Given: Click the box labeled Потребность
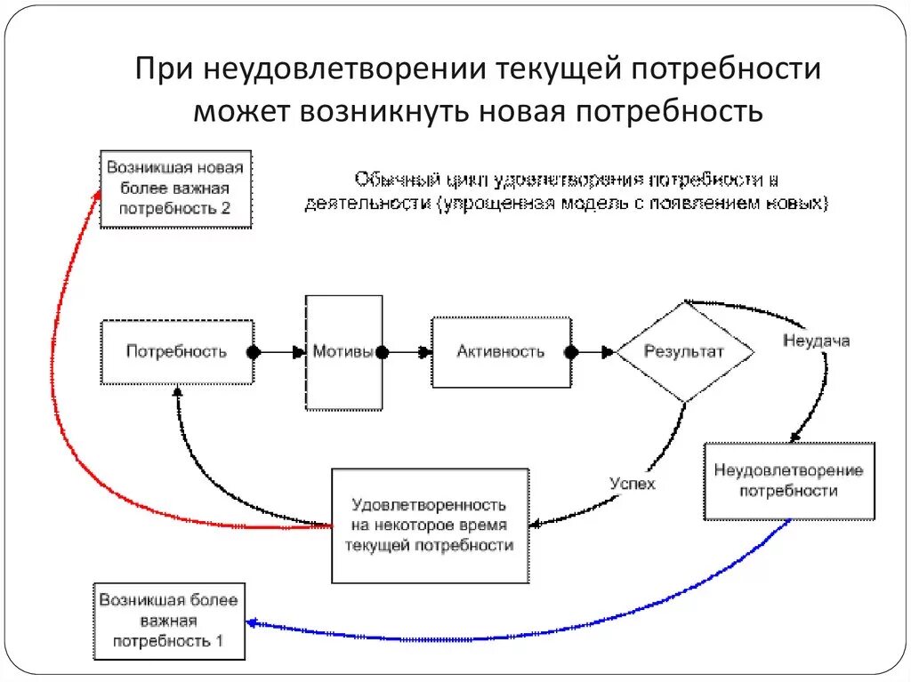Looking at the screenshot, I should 176,352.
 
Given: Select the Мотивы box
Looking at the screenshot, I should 343,352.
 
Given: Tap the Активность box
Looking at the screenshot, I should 501,352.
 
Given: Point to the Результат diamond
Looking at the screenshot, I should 684,352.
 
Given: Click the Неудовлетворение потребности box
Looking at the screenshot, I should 788,480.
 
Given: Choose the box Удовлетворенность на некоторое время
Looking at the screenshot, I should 430,526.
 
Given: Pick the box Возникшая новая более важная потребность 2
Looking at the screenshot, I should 175,189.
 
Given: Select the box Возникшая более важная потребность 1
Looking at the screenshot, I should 169,621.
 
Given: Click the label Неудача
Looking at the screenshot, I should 816,341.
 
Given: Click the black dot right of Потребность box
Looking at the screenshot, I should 254,352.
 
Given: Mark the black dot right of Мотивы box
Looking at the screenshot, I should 383,352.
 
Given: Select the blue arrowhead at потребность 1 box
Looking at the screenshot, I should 252,623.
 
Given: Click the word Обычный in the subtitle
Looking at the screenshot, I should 390,178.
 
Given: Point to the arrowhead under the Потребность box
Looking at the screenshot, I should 177,391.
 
